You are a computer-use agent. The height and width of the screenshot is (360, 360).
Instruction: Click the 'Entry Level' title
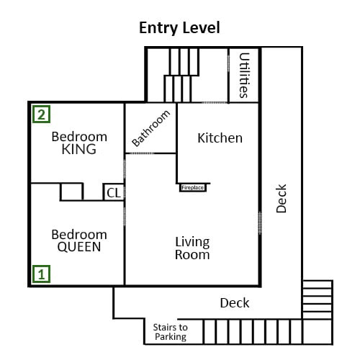point(179,28)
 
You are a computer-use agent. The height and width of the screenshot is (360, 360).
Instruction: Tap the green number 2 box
point(42,114)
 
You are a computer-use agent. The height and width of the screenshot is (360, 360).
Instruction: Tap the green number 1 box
point(42,274)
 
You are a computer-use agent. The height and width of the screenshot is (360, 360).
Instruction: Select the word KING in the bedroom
point(79,150)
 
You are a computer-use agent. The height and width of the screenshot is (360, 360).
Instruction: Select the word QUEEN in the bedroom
point(79,247)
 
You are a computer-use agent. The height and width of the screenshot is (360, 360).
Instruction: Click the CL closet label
point(114,192)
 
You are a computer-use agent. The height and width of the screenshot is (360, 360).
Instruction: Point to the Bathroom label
point(151,128)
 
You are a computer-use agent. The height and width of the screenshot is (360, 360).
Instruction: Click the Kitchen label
point(220,138)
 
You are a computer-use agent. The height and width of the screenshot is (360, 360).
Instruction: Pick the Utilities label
point(244,75)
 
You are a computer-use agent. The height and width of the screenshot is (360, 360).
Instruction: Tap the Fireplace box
point(193,187)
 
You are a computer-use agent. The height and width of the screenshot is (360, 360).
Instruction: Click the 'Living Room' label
point(192,248)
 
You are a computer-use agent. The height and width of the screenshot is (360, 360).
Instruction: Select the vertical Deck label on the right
point(282,199)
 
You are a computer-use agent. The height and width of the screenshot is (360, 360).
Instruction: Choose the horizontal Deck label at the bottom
point(235,303)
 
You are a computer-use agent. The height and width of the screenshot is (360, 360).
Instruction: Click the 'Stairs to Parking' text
point(170,331)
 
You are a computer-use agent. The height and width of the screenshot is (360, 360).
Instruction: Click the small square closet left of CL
point(71,192)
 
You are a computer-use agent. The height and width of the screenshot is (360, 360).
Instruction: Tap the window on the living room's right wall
point(260,223)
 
